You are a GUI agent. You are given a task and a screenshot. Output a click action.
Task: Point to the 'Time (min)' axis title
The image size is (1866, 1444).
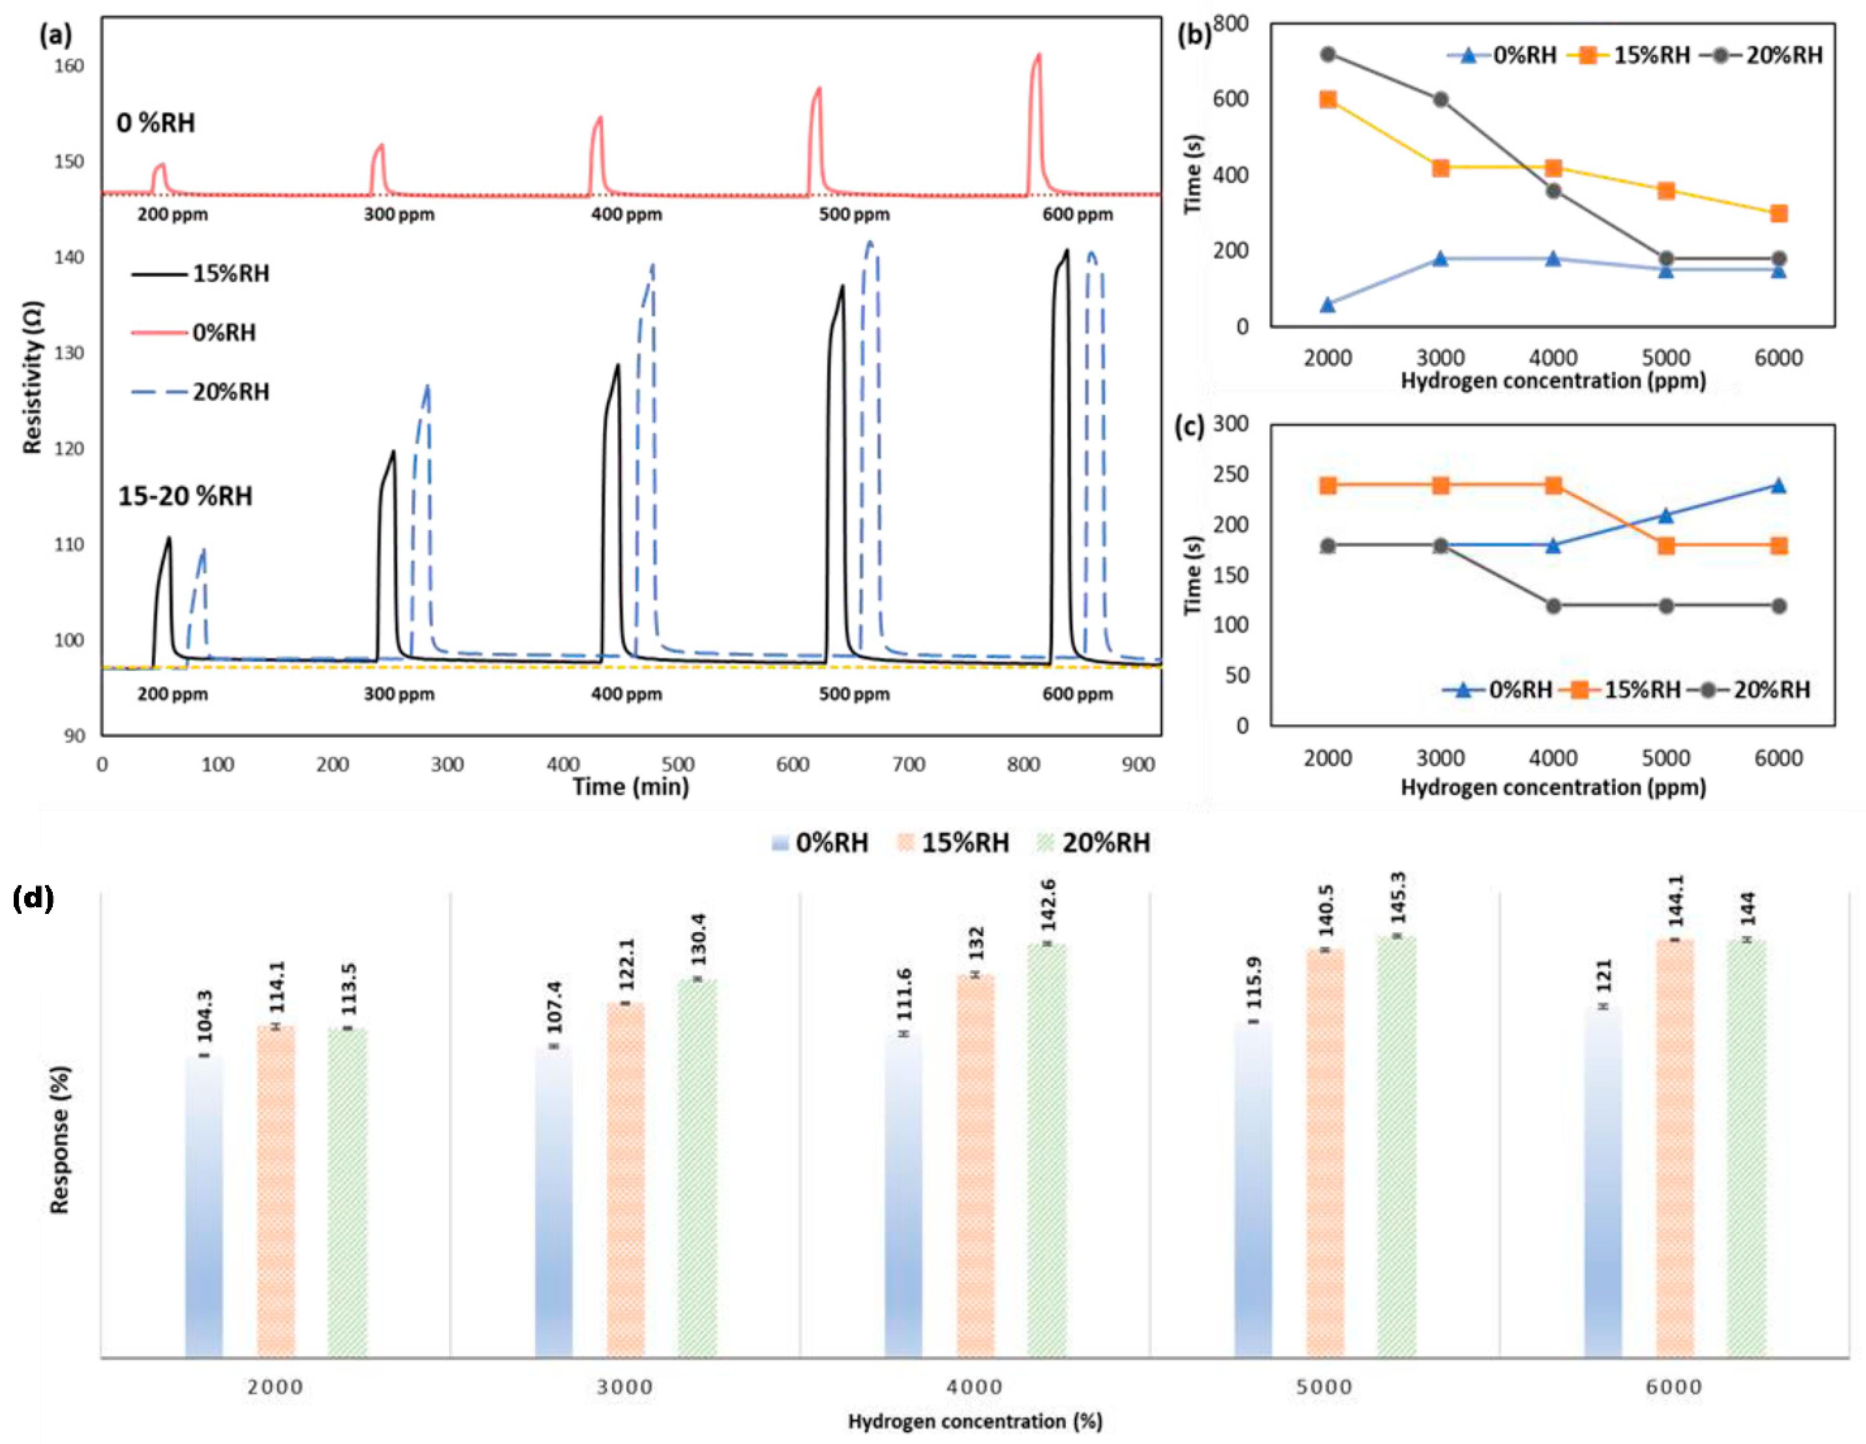(631, 786)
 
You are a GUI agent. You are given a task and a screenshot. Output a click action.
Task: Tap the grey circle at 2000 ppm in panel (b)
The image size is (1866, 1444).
(1328, 54)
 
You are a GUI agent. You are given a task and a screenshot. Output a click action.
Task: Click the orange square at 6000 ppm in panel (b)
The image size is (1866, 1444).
(1779, 214)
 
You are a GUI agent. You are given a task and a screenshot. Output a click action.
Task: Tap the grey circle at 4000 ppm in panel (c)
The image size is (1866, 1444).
(1553, 606)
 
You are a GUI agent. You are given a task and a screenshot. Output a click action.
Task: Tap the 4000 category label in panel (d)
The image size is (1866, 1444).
(975, 1386)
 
